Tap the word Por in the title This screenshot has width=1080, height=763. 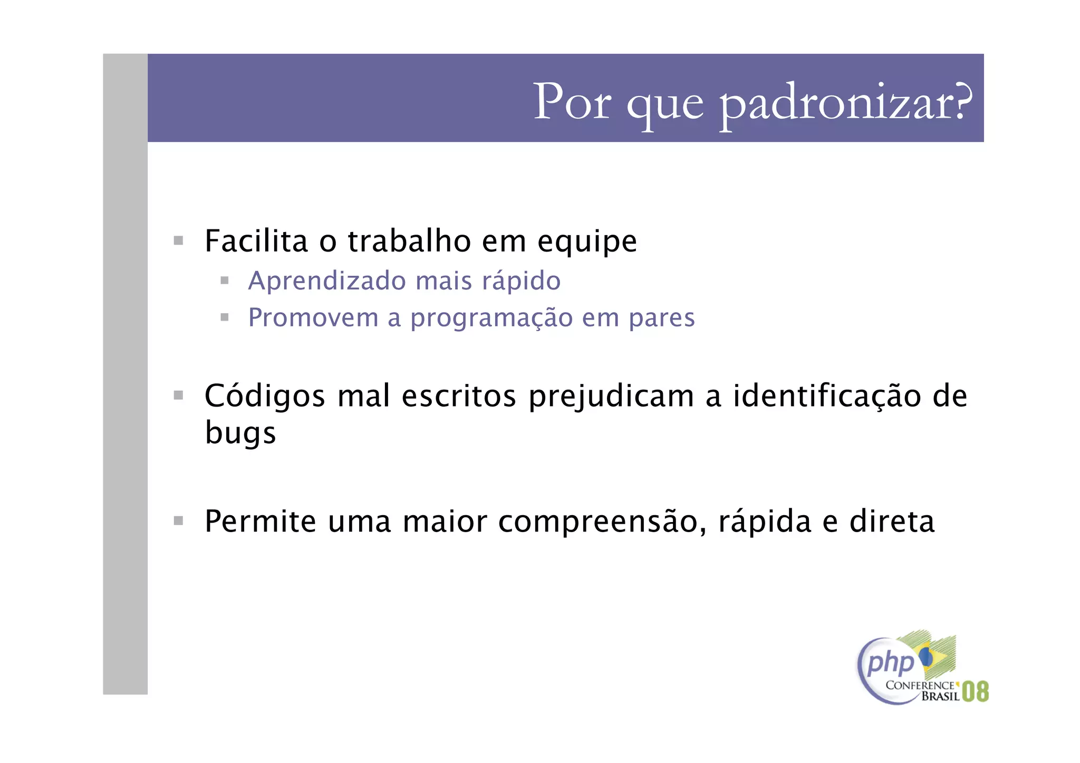(x=572, y=102)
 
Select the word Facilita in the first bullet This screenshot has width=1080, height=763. (x=256, y=242)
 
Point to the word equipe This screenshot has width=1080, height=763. (x=587, y=243)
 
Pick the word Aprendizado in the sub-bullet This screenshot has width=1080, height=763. (x=326, y=281)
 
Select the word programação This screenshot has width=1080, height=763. (x=491, y=318)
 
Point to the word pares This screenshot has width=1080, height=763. (x=662, y=318)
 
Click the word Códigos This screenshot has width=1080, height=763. (x=265, y=397)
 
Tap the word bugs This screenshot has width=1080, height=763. (x=240, y=434)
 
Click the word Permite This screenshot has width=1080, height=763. (x=260, y=521)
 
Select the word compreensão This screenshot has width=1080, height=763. (x=602, y=522)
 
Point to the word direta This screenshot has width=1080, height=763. (x=892, y=521)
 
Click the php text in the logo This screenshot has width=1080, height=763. (x=890, y=663)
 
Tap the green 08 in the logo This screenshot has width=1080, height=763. (x=975, y=691)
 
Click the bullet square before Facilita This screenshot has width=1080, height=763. (x=178, y=241)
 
